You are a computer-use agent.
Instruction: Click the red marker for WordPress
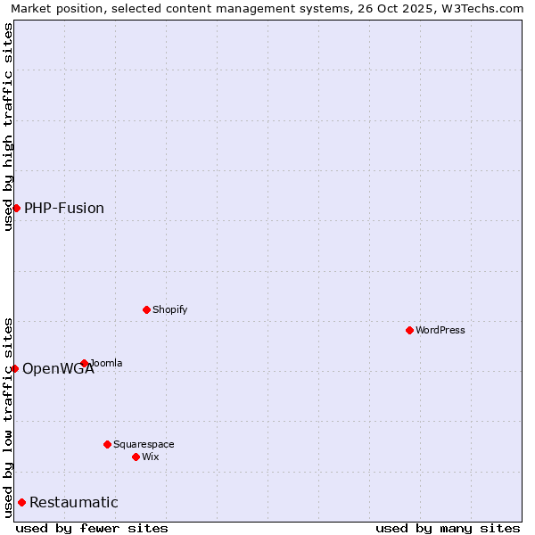tap(409, 330)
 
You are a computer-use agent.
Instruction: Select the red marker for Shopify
tap(146, 309)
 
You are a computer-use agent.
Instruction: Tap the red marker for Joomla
tap(85, 363)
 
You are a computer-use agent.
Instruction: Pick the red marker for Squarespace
tap(107, 444)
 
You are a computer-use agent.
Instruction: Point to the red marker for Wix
tap(136, 457)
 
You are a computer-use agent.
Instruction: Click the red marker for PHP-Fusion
tap(16, 208)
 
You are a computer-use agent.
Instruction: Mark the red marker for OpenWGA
tap(14, 368)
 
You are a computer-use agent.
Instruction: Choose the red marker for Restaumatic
tap(21, 502)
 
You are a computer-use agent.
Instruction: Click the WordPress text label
tap(440, 330)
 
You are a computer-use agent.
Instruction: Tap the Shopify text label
tap(169, 309)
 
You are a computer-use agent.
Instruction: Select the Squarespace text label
tap(144, 444)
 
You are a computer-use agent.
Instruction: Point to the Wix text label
tap(151, 457)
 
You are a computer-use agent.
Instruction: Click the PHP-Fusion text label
tap(64, 208)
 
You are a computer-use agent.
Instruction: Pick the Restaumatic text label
tap(74, 502)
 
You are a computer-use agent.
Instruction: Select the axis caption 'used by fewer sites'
tap(92, 528)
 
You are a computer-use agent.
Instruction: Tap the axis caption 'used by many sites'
tap(448, 528)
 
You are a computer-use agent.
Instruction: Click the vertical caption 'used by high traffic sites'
tap(8, 128)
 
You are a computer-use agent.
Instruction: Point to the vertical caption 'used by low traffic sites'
tap(8, 417)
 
